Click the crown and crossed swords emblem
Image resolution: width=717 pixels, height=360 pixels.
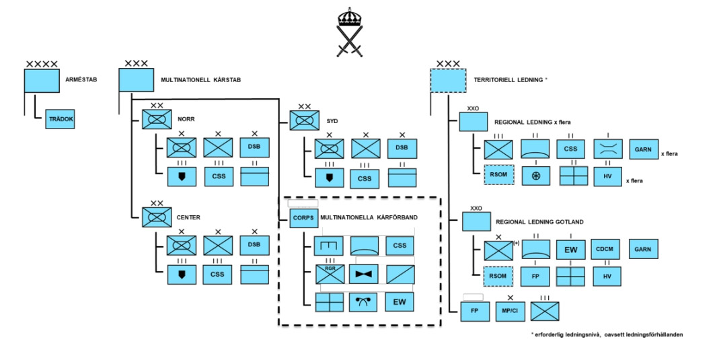(x=350, y=32)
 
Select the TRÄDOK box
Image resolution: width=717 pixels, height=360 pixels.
(x=60, y=119)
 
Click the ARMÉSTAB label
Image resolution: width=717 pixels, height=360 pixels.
(x=81, y=79)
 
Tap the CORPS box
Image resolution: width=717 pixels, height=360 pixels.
(x=303, y=218)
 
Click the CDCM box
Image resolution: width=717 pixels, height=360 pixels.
(x=605, y=249)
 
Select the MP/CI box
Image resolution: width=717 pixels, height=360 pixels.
(x=511, y=312)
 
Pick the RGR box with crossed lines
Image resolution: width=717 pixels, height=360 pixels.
(x=330, y=274)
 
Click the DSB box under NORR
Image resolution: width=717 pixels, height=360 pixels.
(x=254, y=147)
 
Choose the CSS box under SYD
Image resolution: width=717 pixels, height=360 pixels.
(x=365, y=178)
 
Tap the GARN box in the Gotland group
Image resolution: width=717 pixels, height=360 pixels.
(x=643, y=249)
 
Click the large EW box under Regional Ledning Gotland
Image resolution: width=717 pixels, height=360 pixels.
(x=570, y=250)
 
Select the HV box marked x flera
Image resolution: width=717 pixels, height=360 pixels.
(x=608, y=176)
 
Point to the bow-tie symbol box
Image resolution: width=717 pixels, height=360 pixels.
(x=363, y=274)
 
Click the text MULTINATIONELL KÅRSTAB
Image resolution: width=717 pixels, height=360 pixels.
(x=200, y=79)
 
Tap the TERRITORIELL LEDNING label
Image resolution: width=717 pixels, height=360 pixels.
(x=511, y=79)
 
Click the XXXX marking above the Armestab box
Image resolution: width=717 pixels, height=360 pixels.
(x=42, y=64)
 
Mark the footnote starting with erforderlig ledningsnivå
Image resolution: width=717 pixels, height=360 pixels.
(x=607, y=334)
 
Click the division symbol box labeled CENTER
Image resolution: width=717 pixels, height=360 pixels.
(x=157, y=217)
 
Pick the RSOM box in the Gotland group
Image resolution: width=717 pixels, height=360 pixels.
(x=498, y=277)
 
